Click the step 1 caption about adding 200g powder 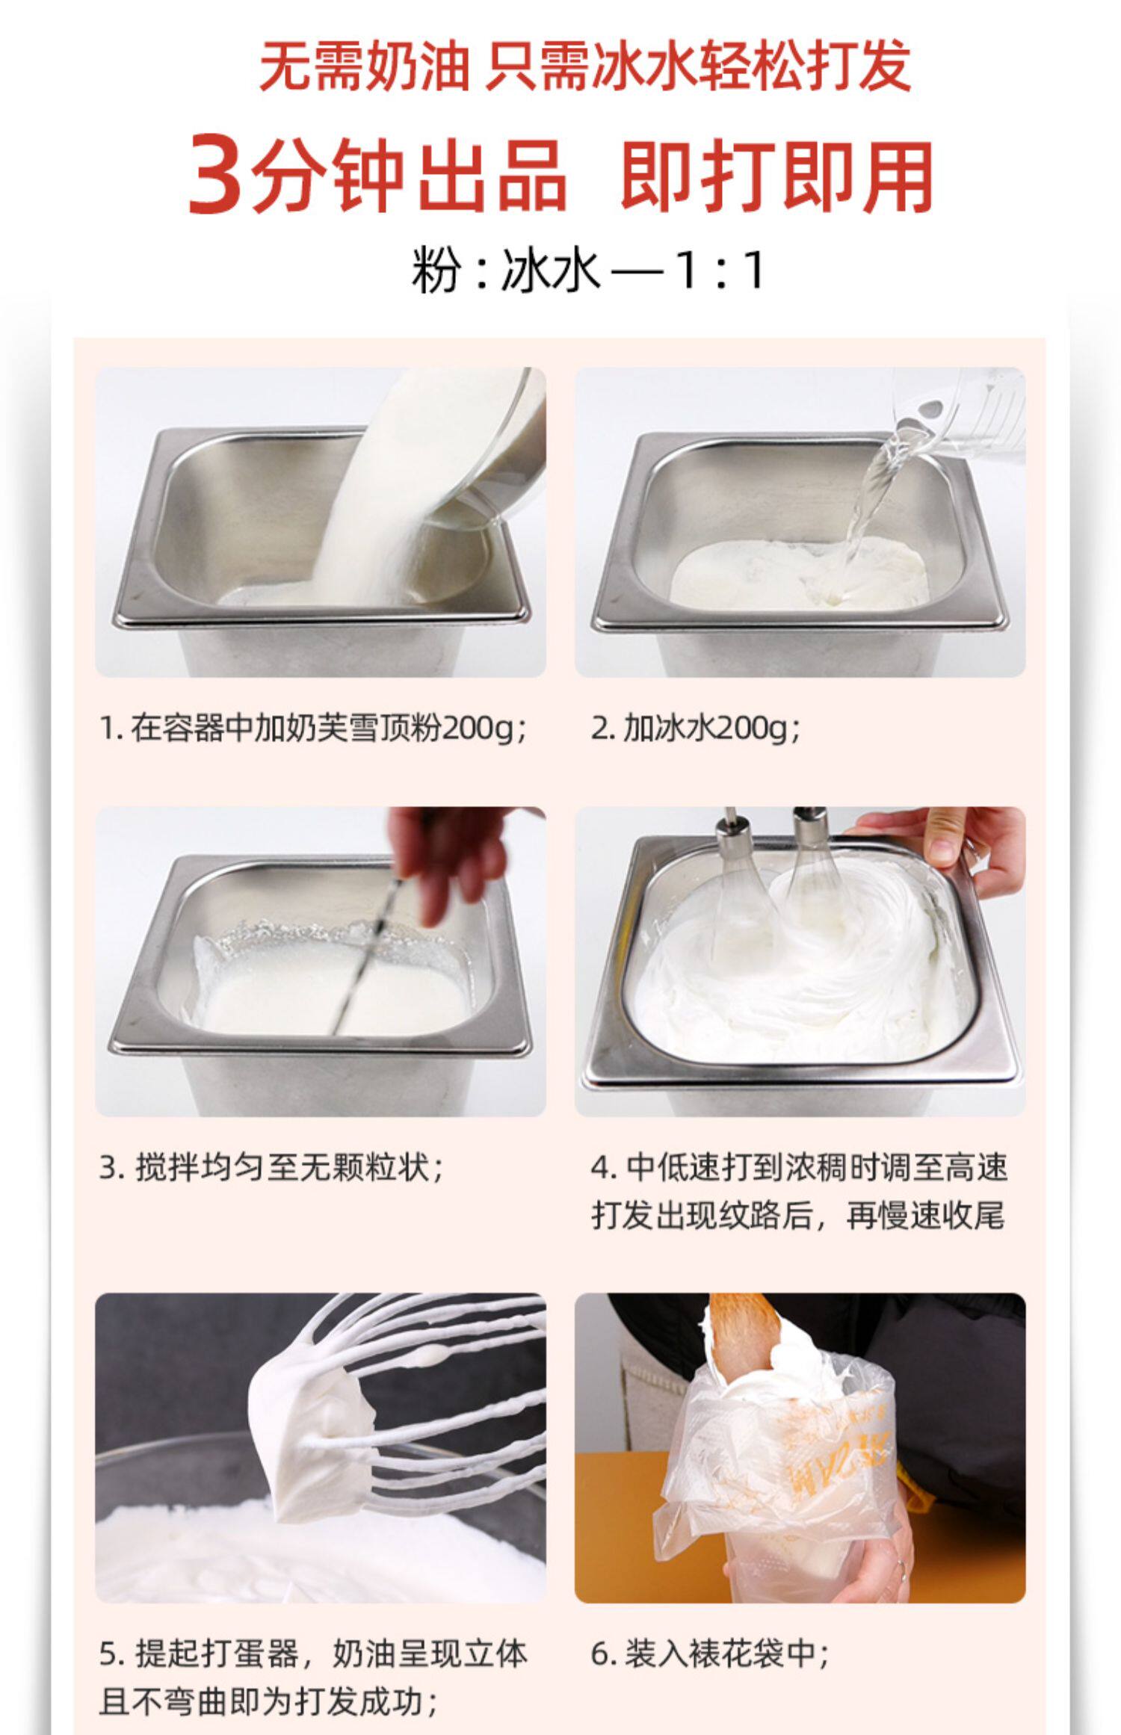315,728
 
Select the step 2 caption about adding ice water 696,728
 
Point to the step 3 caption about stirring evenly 272,1167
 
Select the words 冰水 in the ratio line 550,270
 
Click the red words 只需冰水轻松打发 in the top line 699,66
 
